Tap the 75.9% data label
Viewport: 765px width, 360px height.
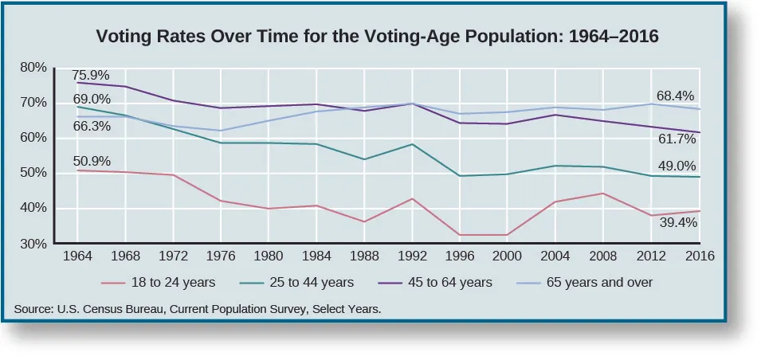92,74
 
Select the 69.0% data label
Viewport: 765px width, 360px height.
92,100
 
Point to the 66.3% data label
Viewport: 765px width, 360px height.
92,127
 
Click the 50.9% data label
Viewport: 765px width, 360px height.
92,161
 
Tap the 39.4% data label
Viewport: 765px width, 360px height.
678,223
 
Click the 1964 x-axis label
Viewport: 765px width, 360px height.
76,257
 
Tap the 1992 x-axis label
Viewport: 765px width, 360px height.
412,257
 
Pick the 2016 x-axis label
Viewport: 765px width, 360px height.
700,257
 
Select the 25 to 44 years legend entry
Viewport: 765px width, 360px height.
304,282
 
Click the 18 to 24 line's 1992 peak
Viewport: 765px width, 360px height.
412,198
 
